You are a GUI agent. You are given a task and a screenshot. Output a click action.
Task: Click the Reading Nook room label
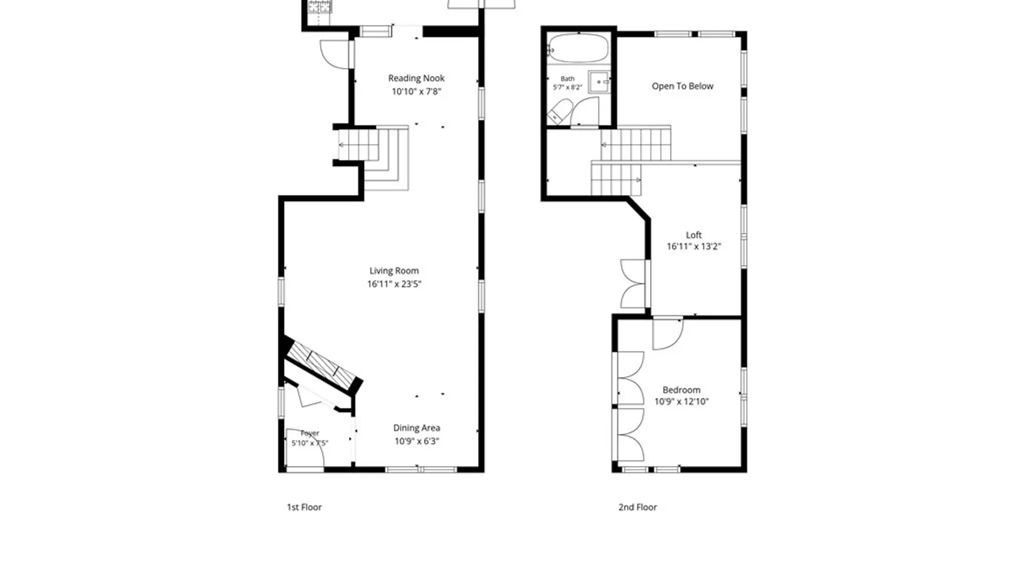(416, 78)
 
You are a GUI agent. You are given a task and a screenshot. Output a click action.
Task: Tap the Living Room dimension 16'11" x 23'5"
(394, 284)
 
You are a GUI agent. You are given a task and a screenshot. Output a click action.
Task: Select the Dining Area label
(417, 428)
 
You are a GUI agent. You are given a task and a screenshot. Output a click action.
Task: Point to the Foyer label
(310, 433)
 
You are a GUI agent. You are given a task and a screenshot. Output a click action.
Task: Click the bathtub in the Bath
(578, 48)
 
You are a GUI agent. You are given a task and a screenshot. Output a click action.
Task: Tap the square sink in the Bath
(599, 82)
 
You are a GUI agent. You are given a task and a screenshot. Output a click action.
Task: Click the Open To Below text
(682, 86)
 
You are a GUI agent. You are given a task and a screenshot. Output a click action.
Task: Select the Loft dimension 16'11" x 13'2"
(693, 246)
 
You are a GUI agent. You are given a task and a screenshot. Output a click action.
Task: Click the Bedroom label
(681, 390)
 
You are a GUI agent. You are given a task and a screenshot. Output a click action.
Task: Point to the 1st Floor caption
(304, 507)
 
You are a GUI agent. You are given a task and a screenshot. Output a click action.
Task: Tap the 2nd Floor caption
(637, 507)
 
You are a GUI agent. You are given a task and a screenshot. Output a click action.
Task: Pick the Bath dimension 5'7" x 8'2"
(567, 87)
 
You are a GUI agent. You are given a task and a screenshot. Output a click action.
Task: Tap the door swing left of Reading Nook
(334, 54)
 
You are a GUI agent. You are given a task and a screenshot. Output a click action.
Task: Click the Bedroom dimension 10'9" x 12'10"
(681, 402)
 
